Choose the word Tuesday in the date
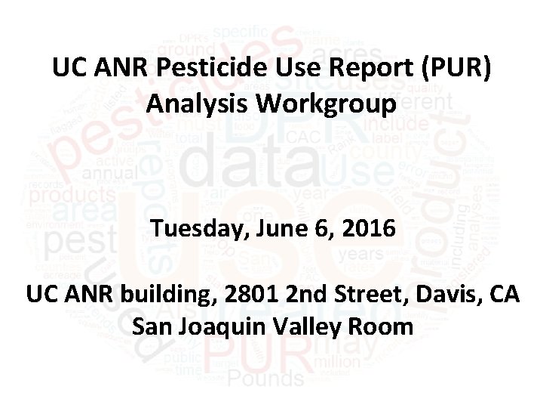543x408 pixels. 197,227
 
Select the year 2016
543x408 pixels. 366,227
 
